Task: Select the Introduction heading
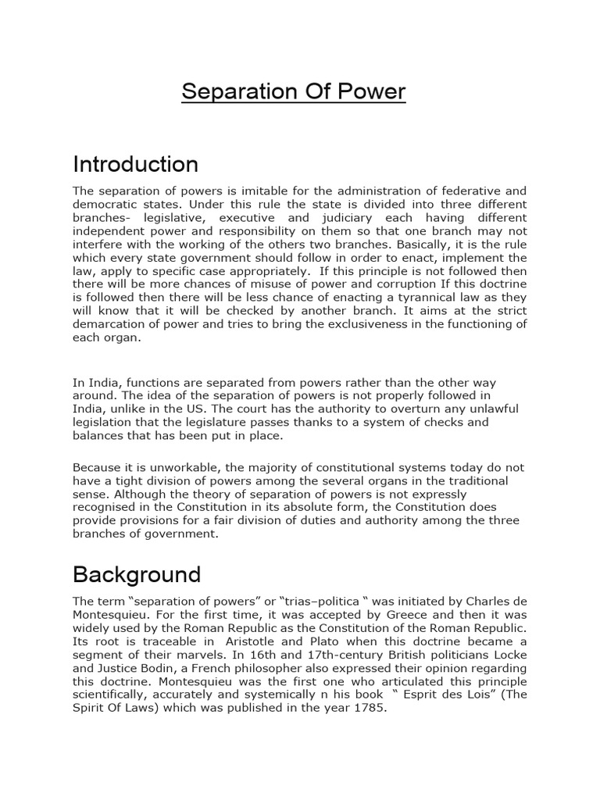135,165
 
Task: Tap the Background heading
137,575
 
